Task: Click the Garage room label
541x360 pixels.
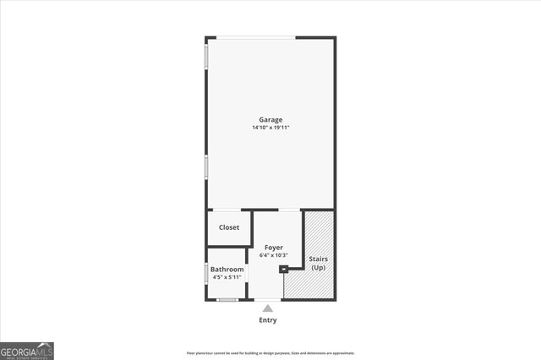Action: click(270, 120)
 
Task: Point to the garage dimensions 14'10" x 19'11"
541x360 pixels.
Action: click(270, 128)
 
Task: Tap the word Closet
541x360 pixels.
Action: click(229, 227)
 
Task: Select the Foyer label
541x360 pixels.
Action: click(273, 248)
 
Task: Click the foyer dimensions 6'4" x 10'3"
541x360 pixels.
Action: click(273, 255)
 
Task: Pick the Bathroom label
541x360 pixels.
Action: click(227, 270)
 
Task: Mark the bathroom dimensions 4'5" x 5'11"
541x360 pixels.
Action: click(227, 277)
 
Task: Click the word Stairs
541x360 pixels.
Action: click(318, 259)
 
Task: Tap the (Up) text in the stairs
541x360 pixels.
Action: click(318, 268)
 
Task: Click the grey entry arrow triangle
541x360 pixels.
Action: click(268, 308)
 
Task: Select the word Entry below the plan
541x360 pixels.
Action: click(268, 320)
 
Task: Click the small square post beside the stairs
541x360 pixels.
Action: click(284, 270)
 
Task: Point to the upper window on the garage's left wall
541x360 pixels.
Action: click(206, 55)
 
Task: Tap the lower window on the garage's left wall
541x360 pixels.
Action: click(206, 166)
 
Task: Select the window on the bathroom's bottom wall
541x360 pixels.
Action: click(227, 299)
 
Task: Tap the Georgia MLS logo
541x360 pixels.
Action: click(27, 350)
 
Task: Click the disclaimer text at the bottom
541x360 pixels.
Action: click(270, 353)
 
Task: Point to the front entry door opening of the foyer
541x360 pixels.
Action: click(268, 299)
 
